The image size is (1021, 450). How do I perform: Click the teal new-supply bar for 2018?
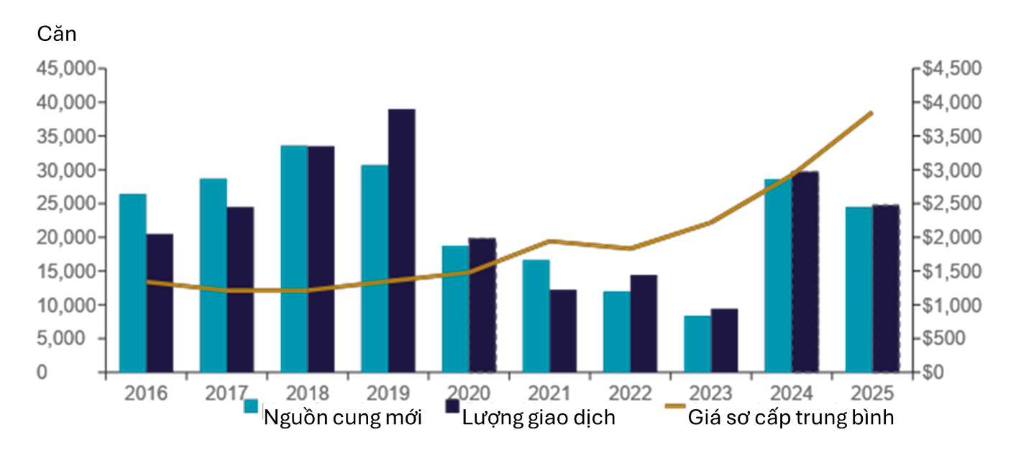[294, 259]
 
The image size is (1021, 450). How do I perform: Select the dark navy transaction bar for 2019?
[401, 241]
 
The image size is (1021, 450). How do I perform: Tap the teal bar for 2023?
[697, 344]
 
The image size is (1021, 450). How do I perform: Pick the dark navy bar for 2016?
[159, 303]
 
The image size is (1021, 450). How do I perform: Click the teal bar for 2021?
[536, 316]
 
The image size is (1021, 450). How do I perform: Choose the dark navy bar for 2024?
[805, 272]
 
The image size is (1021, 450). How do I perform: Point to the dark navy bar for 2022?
[644, 323]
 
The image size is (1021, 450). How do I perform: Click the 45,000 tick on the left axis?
[65, 69]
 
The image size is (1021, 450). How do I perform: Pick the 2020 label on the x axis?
[469, 393]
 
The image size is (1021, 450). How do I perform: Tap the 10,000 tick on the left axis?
[65, 305]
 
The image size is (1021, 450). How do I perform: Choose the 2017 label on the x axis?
[226, 393]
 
